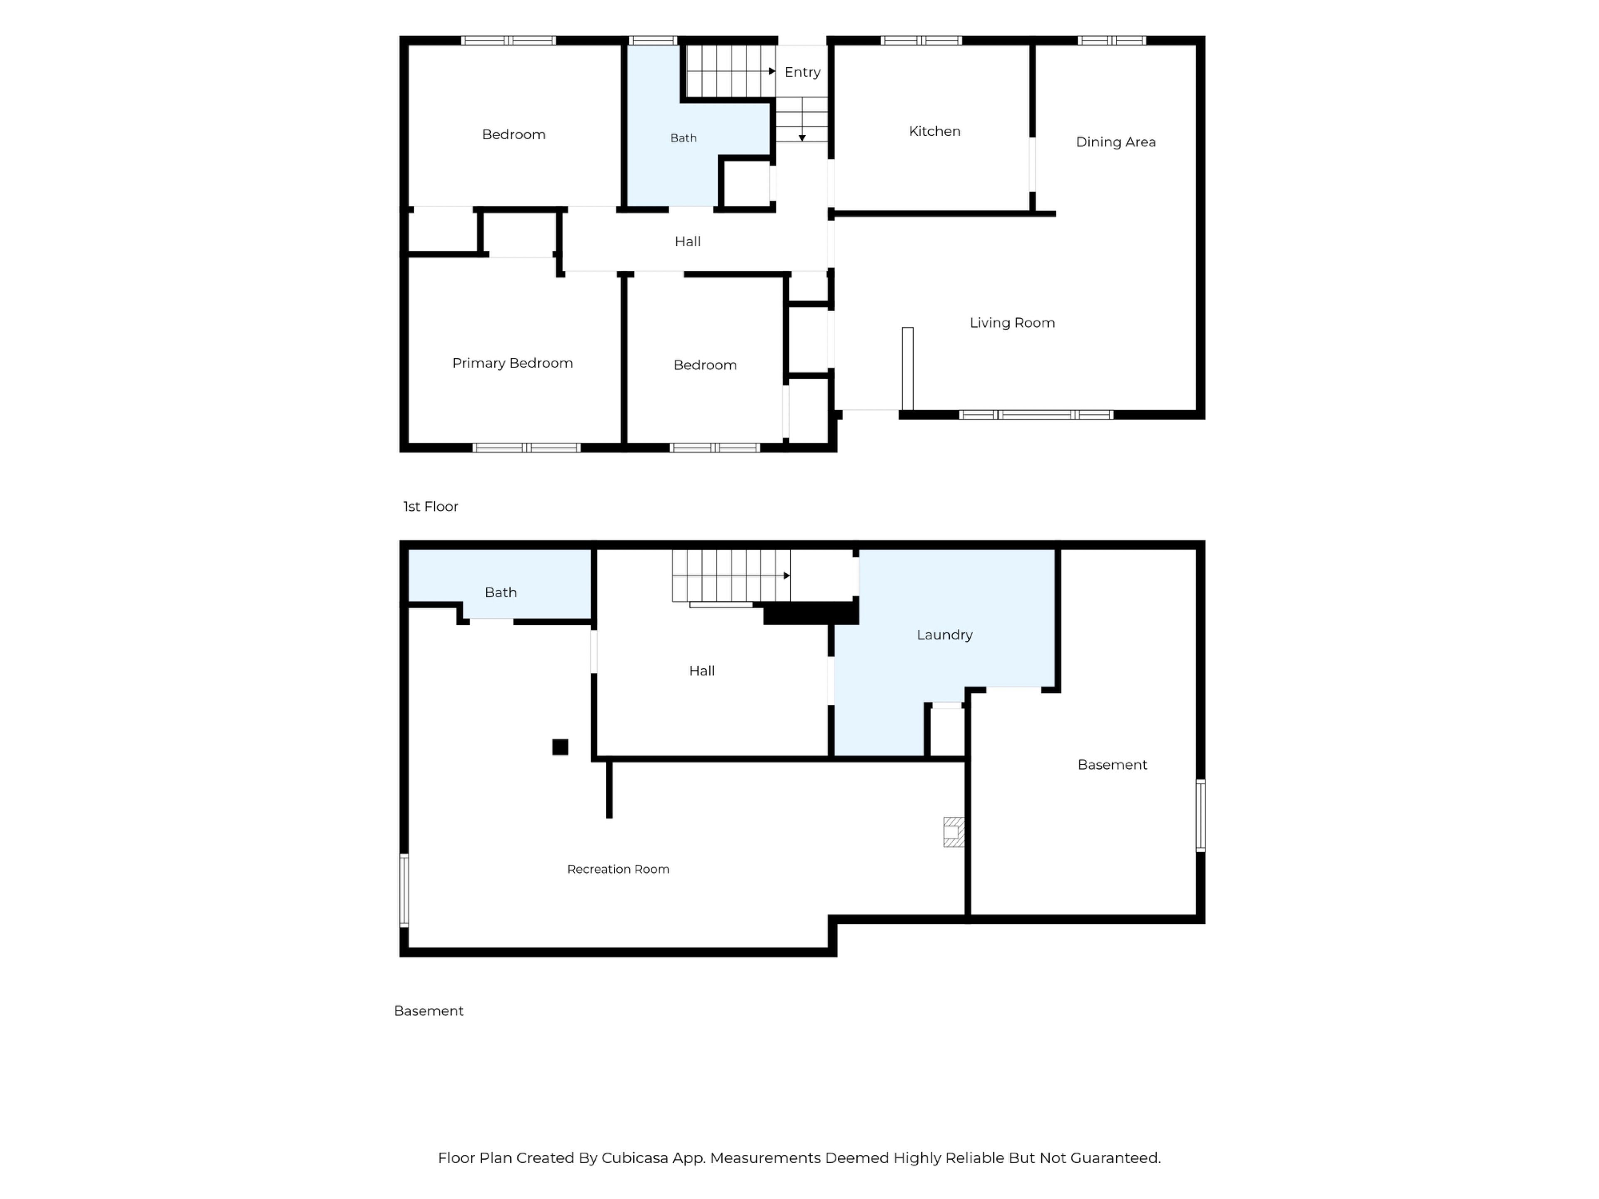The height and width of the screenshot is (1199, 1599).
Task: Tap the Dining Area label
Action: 1116,142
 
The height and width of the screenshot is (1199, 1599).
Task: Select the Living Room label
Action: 1012,323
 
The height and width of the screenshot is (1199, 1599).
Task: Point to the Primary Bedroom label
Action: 513,363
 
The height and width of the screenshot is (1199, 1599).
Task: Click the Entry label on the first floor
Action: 802,72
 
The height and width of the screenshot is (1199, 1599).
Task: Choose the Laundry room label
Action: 944,635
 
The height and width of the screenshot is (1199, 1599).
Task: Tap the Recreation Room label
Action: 618,869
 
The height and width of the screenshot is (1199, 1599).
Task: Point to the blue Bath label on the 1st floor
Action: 683,138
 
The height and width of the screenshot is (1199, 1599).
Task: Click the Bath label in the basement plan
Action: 500,593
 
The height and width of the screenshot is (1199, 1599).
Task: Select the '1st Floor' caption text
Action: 431,507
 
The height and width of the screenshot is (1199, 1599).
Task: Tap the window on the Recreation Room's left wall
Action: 404,891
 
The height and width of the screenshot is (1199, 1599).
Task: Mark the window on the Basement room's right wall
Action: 1200,815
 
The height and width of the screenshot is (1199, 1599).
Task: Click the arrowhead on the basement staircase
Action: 787,576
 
